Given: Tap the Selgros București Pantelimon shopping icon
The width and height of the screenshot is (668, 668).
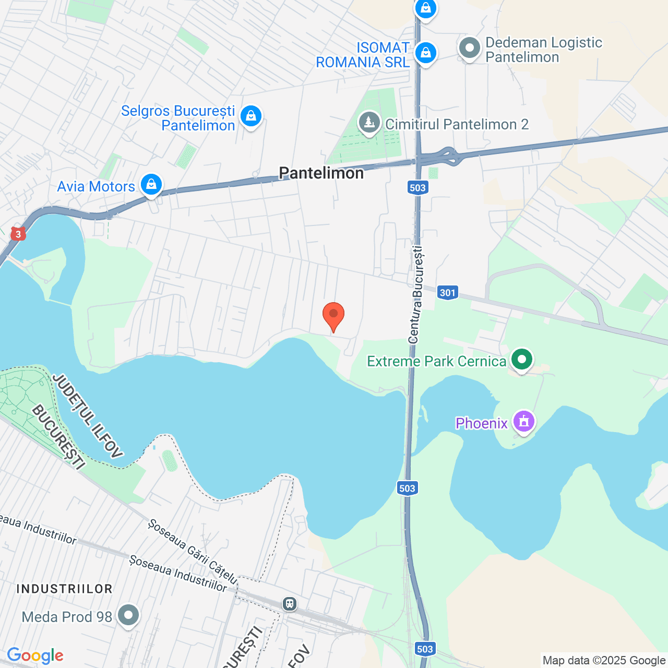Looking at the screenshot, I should [251, 116].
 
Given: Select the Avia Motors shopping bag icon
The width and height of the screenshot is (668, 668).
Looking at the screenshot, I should [151, 184].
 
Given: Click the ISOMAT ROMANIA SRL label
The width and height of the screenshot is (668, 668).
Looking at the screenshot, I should [363, 55].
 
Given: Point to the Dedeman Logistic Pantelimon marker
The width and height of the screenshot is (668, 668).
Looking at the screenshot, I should [469, 48].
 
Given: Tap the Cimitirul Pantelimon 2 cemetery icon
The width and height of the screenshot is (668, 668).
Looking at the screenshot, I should [369, 123].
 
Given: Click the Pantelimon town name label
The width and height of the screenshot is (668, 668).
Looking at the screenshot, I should [321, 173].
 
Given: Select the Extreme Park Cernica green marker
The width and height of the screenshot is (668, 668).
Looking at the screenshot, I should [521, 359].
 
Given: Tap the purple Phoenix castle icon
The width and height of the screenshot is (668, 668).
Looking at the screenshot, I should [524, 421].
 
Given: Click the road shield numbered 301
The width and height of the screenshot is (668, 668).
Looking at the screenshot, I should [448, 292].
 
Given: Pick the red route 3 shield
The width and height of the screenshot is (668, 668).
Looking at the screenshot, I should [18, 234].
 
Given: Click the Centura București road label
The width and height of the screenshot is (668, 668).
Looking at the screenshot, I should [416, 295].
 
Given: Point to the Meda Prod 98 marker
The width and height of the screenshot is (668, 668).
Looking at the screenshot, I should [128, 615].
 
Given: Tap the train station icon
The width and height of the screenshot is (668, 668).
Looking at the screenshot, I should [290, 604].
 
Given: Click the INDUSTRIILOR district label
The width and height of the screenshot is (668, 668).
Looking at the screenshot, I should [65, 589].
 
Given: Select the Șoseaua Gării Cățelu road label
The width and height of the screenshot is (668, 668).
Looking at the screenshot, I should [193, 552].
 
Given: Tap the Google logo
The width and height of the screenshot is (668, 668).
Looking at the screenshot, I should [35, 655].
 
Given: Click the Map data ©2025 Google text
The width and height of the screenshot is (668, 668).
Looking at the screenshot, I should [604, 660].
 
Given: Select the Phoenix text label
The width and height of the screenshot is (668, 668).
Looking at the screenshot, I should [482, 423].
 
